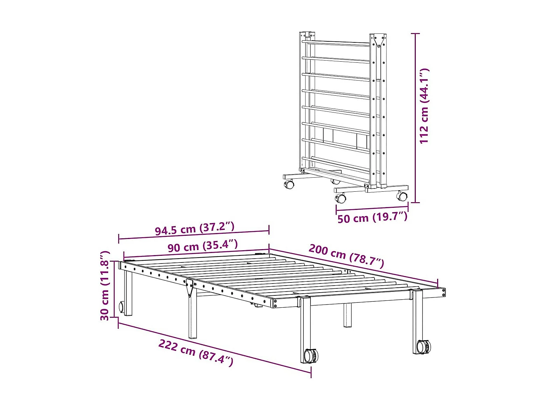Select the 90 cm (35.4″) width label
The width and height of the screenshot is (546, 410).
click(203, 246)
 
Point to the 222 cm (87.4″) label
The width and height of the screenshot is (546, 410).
click(196, 353)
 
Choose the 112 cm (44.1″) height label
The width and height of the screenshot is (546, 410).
click(424, 105)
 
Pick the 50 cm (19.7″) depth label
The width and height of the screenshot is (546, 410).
click(372, 217)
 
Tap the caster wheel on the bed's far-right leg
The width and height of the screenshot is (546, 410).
click(423, 346)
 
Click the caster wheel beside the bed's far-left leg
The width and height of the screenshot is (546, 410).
click(122, 307)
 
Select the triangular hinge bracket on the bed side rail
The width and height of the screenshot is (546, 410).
click(190, 287)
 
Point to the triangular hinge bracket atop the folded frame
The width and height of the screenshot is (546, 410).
click(378, 41)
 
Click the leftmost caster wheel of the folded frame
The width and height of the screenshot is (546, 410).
click(289, 184)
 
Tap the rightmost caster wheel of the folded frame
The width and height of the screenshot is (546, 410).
click(402, 197)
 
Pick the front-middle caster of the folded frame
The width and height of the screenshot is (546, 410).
click(341, 198)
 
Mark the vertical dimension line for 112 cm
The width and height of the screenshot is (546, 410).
click(415, 118)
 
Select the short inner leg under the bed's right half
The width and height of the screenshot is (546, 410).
click(348, 315)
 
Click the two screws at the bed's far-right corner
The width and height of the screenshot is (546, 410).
click(443, 292)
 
